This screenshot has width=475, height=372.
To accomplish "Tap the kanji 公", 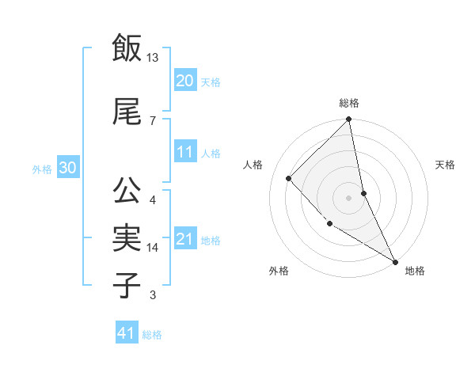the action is point(126,190).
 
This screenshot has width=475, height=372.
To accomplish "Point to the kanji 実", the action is point(126,237).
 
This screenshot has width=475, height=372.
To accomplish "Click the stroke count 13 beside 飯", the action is point(153,58).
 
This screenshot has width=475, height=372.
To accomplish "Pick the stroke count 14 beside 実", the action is point(154,248).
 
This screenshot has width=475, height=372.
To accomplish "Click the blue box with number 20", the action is point(184,81).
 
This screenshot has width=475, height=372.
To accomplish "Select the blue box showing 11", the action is point(184,152).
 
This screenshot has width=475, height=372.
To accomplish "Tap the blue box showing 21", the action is point(184,239).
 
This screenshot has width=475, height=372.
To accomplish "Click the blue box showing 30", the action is point(67,168).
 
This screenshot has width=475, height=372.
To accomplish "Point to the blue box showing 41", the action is point(126,333).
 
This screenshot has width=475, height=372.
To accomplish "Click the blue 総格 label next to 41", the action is point(152,335).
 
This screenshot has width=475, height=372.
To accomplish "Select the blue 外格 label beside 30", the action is point(42,169).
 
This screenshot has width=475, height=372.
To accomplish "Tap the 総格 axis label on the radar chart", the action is point(349,103).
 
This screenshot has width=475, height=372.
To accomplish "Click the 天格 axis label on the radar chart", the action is point(445,165).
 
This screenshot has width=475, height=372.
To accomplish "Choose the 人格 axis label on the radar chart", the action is point(253,165).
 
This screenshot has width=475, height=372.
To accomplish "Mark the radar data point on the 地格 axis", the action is point(394,260).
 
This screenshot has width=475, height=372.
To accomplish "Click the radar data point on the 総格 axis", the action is point(349,120).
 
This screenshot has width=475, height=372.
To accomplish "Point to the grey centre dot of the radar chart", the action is point(349,197).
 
